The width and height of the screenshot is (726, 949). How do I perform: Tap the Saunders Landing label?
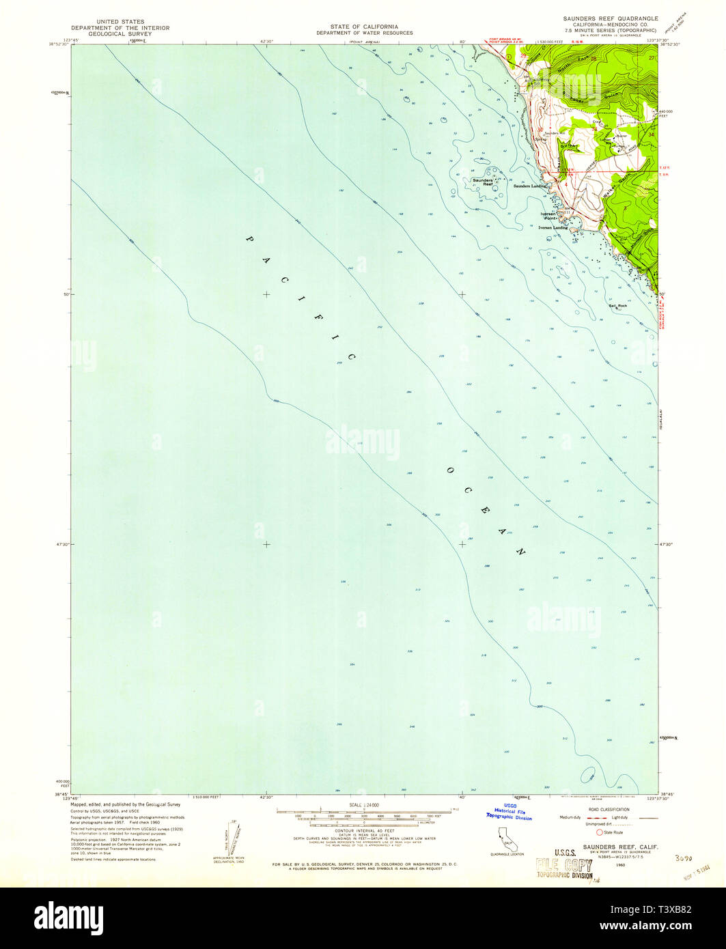coord(531,186)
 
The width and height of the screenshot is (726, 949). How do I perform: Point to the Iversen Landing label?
coord(554,228)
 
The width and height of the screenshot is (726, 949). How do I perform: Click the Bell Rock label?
coord(617,305)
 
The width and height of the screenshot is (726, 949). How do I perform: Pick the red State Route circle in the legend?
coord(600,832)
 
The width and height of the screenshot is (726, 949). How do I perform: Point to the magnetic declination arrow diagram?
coord(228,838)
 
